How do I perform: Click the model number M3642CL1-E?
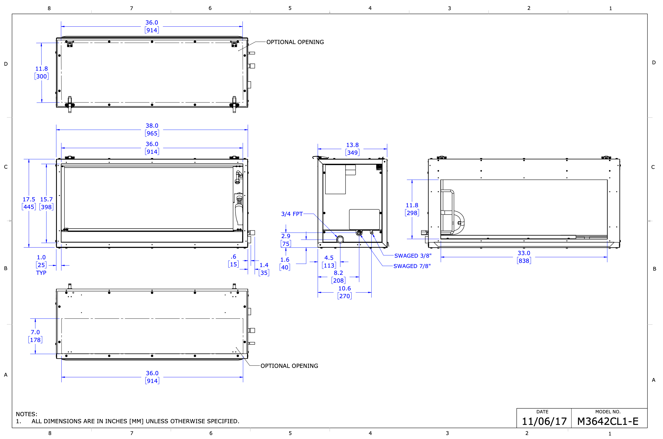point(608,421)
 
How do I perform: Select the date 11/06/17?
point(544,421)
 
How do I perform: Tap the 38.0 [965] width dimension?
point(152,130)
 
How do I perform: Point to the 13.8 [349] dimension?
point(352,149)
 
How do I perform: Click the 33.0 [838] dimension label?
point(524,257)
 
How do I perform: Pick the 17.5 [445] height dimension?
point(29,203)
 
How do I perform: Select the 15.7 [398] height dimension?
point(46,203)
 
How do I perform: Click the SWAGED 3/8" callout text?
point(413,256)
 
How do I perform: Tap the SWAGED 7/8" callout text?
point(412,266)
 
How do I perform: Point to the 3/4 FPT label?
point(292,214)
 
